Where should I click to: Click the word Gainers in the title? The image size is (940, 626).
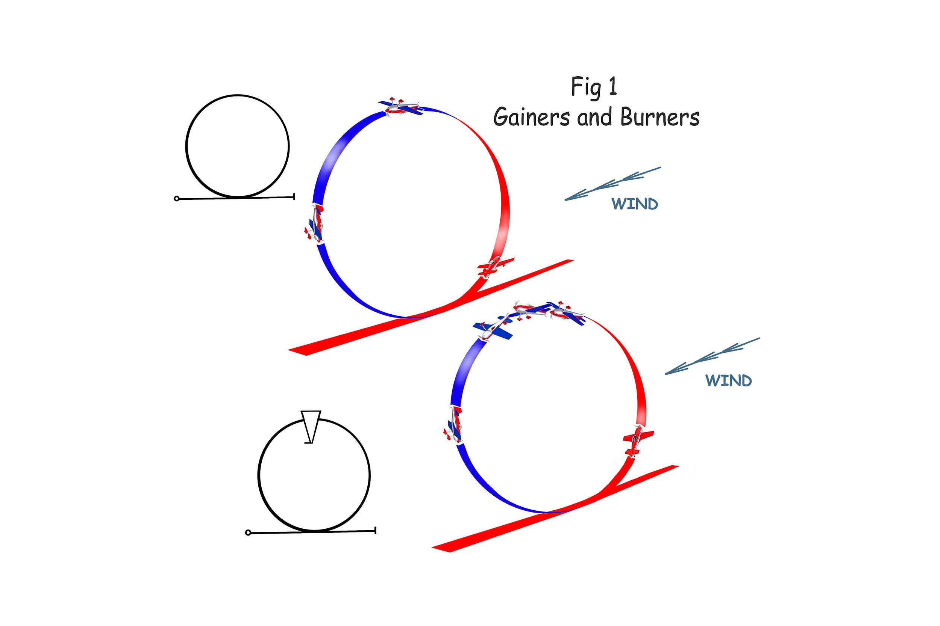532,118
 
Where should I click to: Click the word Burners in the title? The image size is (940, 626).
660,118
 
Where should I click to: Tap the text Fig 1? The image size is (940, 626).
594,87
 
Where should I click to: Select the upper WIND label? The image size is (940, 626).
635,204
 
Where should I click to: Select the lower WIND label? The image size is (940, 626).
728,381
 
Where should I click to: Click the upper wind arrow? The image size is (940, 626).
612,183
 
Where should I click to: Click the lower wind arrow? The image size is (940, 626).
712,356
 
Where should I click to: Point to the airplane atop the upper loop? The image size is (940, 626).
401,107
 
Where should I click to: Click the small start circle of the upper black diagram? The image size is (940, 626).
177,198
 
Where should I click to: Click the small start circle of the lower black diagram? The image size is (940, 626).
248,532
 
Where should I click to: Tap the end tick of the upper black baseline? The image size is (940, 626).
294,196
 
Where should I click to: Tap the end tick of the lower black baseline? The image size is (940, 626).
375,530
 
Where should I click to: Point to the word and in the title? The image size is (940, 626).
594,118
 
